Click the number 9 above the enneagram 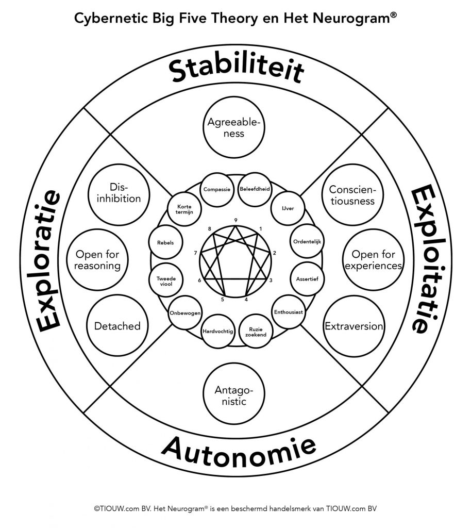click(236, 220)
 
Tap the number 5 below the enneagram click(223, 300)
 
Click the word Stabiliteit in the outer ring click(237, 71)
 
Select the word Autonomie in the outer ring click(239, 451)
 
